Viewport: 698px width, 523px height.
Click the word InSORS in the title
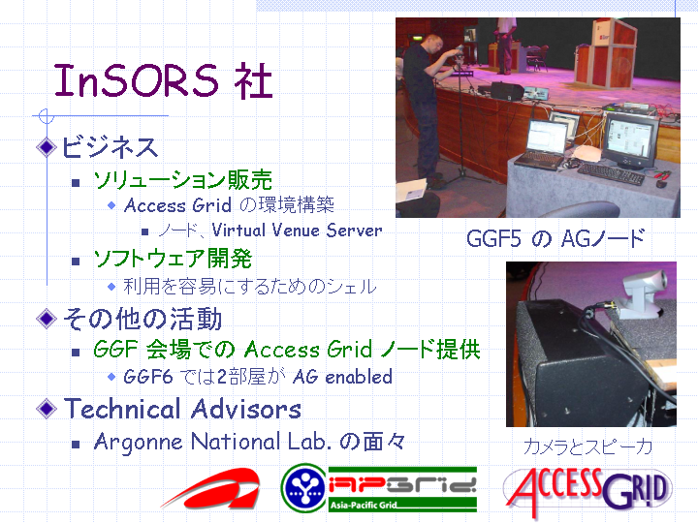click(x=136, y=80)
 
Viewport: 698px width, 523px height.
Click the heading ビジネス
click(x=110, y=147)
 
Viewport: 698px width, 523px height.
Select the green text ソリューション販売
click(x=182, y=180)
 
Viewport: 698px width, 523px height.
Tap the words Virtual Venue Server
click(x=297, y=231)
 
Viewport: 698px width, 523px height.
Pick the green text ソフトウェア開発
click(x=173, y=259)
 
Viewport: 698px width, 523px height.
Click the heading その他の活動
click(x=143, y=319)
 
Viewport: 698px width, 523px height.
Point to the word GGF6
click(x=147, y=377)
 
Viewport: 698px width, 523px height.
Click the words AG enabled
click(x=343, y=377)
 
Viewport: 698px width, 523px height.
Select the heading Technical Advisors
click(x=182, y=409)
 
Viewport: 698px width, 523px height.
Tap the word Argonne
click(x=138, y=443)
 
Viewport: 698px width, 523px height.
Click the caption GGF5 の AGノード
click(x=555, y=239)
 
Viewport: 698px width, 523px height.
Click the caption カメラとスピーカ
click(x=588, y=446)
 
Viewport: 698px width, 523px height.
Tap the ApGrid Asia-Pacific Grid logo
click(x=379, y=488)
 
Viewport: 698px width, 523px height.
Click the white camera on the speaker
click(x=644, y=294)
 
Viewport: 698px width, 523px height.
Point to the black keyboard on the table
click(x=611, y=174)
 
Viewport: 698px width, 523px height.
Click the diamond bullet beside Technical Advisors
click(x=47, y=409)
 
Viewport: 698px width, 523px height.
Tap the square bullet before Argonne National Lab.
click(x=76, y=444)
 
